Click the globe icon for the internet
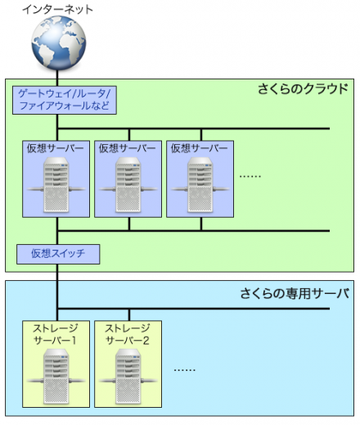(56, 44)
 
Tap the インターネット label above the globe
(56, 10)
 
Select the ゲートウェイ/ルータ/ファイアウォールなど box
(64, 100)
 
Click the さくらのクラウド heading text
(303, 88)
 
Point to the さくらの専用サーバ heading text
(295, 292)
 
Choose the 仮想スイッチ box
(58, 254)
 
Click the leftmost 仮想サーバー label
(56, 148)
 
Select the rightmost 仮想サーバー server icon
(200, 185)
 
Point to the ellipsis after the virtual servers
(250, 175)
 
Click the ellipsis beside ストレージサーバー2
(185, 368)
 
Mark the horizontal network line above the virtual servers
(245, 129)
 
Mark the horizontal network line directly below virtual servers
(245, 230)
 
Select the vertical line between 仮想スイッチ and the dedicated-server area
(57, 274)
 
